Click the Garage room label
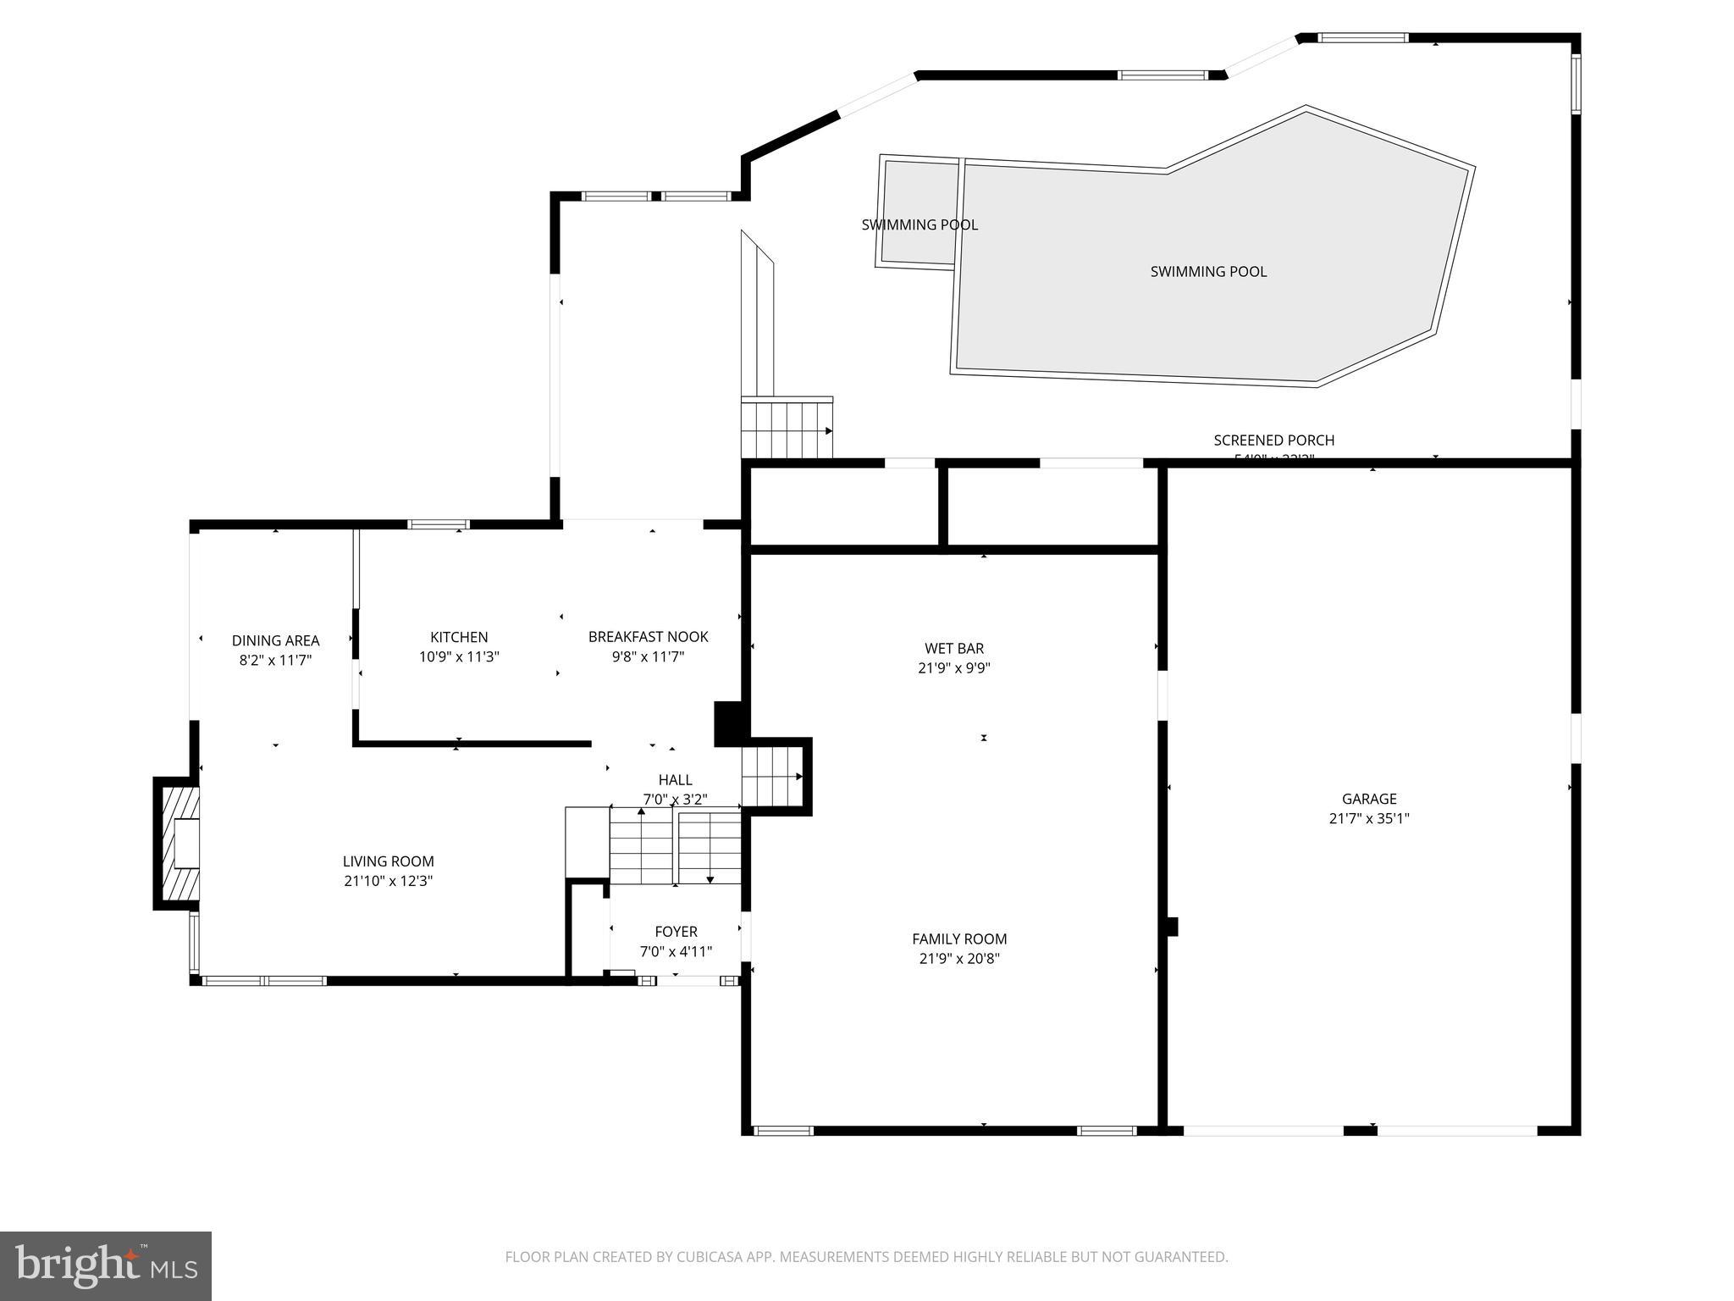click(1368, 798)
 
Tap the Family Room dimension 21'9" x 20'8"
click(959, 959)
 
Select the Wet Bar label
click(953, 649)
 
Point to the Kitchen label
click(459, 637)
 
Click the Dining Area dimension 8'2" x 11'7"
click(275, 661)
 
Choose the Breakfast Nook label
click(648, 637)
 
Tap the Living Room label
click(388, 861)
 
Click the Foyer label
click(676, 932)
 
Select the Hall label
click(675, 779)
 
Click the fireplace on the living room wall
click(179, 843)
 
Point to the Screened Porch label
click(1273, 440)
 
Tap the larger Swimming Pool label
click(1208, 272)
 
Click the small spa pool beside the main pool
click(919, 212)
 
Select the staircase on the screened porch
click(786, 429)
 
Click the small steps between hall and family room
click(771, 776)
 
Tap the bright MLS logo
click(106, 1265)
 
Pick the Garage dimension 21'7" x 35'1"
click(1368, 819)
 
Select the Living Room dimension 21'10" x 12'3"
click(388, 881)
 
